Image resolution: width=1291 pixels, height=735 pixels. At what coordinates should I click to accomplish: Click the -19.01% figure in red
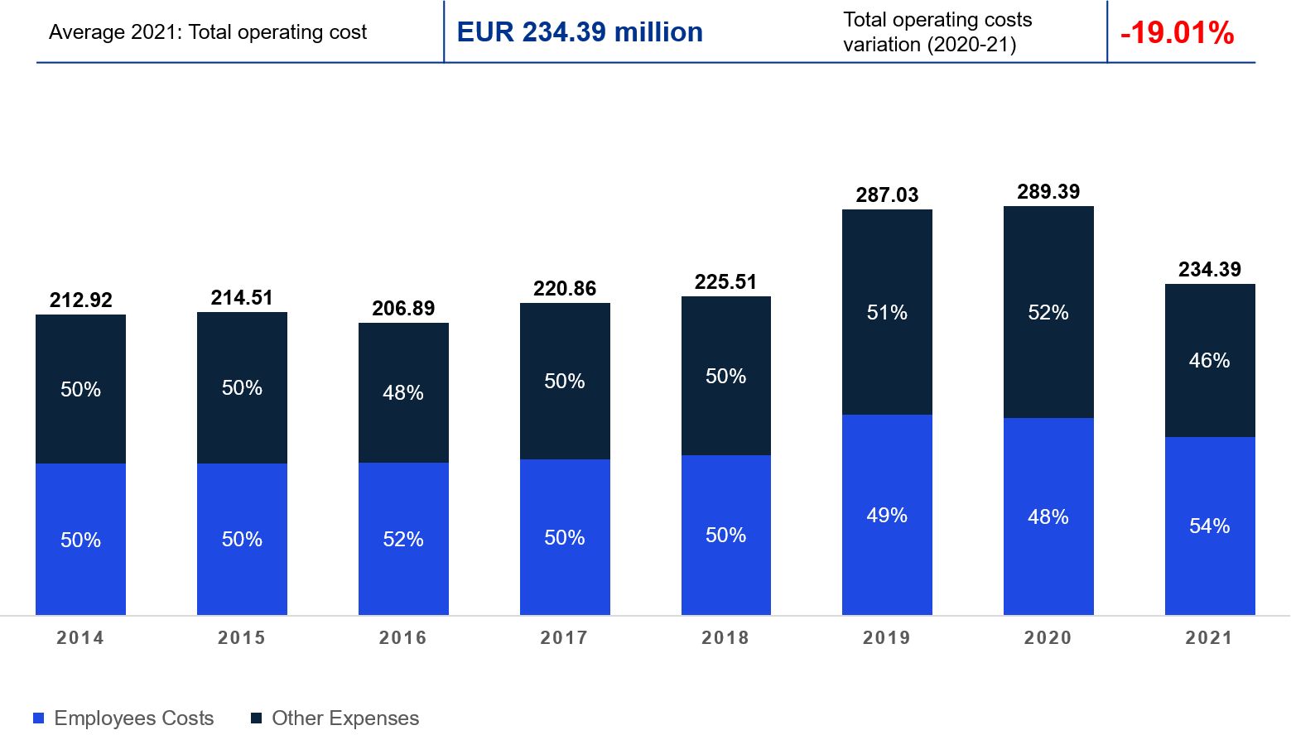tap(1177, 33)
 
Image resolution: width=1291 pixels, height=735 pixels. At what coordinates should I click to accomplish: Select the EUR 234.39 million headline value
tap(580, 32)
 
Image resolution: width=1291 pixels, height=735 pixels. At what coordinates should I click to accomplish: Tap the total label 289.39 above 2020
tap(1048, 192)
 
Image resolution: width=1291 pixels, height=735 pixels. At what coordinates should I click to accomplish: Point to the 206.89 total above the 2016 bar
tap(403, 309)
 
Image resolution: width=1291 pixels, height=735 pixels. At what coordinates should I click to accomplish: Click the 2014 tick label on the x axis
tap(80, 638)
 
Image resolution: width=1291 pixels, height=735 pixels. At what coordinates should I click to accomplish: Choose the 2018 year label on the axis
tap(725, 638)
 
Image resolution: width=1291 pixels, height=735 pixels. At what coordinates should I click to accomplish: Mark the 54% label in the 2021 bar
tap(1210, 526)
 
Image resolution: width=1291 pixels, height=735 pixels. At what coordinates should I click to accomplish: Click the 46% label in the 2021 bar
tap(1210, 361)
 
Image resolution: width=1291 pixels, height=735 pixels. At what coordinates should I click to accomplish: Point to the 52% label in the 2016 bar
tap(403, 540)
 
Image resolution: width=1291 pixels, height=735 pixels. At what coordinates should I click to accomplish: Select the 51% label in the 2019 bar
tap(887, 313)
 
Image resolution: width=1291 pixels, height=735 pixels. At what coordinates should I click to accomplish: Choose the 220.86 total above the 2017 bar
tap(565, 289)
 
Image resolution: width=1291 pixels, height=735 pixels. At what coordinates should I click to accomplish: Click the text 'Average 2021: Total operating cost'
tap(208, 32)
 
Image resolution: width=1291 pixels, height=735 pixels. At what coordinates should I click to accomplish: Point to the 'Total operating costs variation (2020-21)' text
tap(937, 32)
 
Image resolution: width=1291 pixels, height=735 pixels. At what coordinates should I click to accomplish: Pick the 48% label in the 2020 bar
tap(1048, 517)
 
